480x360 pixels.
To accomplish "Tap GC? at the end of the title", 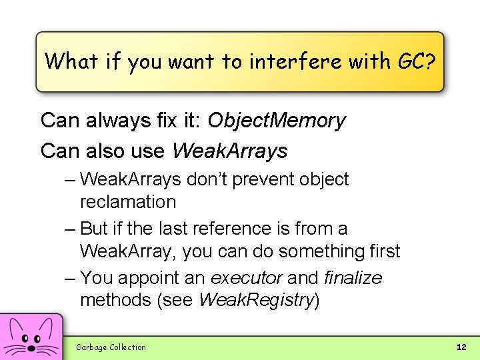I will click(416, 62).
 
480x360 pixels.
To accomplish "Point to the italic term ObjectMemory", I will click(277, 121).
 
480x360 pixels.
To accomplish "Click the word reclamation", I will click(128, 202).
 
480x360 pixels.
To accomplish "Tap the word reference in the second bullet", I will click(239, 229).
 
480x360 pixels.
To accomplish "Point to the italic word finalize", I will click(353, 277).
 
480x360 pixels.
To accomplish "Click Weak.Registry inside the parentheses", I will click(256, 300).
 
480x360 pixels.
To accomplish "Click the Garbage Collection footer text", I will click(111, 347).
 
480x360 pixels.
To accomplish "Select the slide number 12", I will click(461, 347).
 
